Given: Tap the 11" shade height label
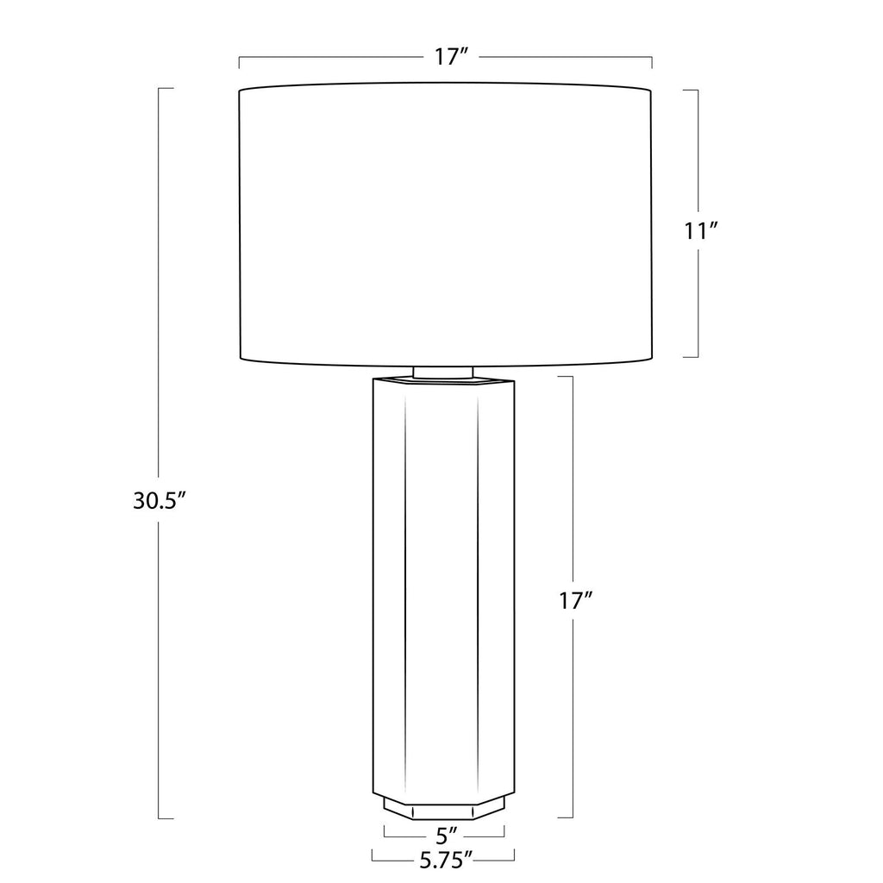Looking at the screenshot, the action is click(700, 231).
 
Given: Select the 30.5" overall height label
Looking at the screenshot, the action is click(160, 500).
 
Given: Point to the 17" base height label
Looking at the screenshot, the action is click(575, 601).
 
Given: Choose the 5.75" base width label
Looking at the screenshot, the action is click(446, 860).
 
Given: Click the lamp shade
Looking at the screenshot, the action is click(446, 224).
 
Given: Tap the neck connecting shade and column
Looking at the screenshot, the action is click(443, 372).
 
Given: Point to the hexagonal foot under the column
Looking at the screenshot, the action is click(444, 807).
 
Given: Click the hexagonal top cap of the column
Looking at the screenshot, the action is click(444, 382).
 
